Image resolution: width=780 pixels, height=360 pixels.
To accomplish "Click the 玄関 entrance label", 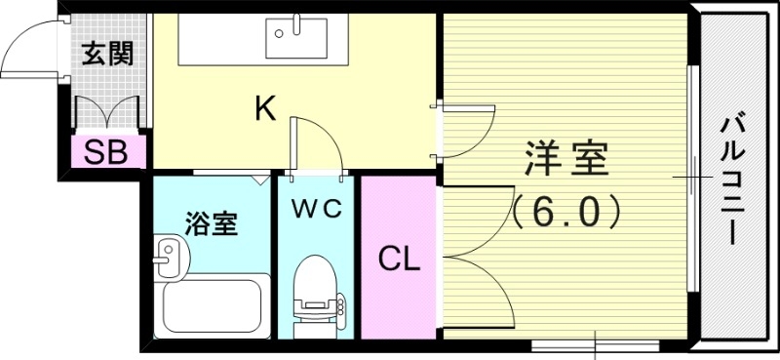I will [107, 54].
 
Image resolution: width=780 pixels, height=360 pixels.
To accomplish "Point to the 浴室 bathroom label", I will [211, 223].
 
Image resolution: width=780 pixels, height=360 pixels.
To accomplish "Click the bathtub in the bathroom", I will [215, 304].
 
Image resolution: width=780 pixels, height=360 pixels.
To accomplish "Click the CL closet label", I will [399, 260].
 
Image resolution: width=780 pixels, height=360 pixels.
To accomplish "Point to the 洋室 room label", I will [566, 157].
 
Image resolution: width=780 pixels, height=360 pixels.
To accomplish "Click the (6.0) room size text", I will [566, 210].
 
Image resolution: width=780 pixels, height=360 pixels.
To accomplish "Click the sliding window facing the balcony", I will [690, 176].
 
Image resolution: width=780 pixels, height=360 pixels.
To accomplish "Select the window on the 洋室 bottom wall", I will [594, 344].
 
